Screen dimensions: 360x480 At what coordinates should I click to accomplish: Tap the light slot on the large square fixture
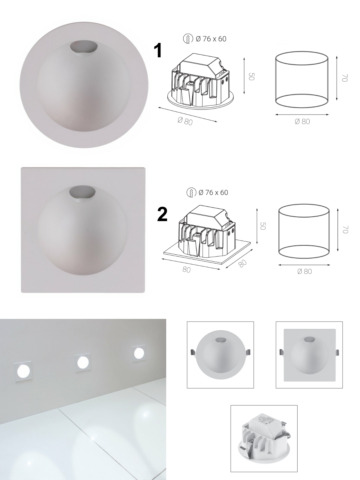pos(82,192)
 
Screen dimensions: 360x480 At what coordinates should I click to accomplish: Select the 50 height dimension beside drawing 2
pos(263,226)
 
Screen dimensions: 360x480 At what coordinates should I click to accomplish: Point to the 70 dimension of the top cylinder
pos(344,78)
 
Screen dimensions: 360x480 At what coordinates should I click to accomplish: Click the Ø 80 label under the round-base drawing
pos(185,121)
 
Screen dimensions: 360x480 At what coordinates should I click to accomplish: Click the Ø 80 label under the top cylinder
pos(302,121)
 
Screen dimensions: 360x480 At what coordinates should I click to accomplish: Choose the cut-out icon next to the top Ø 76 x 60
pos(188,39)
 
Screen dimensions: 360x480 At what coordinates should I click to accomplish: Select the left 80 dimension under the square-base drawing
pos(186,270)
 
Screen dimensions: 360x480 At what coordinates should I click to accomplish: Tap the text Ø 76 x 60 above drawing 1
pos(211,39)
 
